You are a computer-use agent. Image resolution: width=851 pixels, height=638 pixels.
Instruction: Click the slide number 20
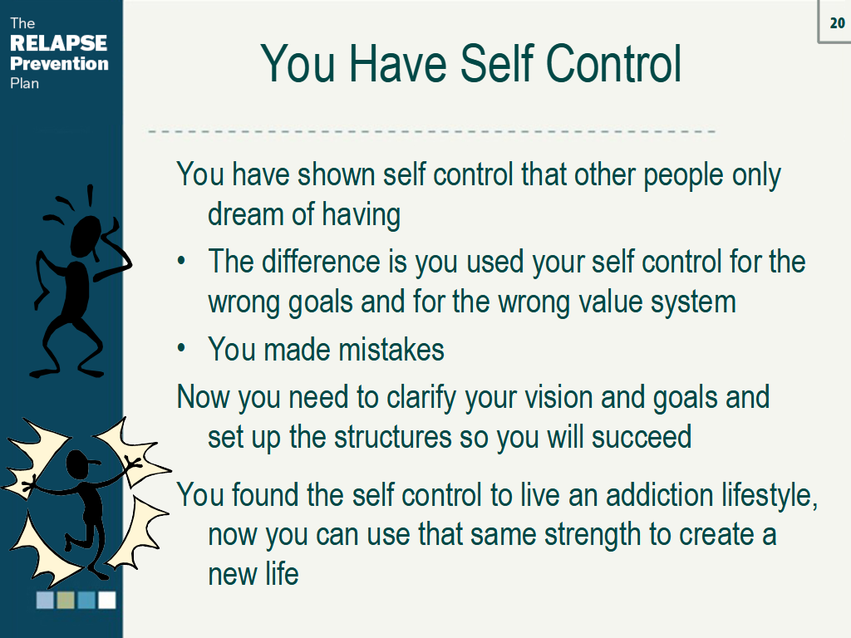pyautogui.click(x=837, y=22)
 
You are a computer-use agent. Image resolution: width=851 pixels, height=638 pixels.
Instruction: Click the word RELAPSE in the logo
pyautogui.click(x=59, y=43)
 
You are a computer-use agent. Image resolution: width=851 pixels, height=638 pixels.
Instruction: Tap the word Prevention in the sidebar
pyautogui.click(x=59, y=63)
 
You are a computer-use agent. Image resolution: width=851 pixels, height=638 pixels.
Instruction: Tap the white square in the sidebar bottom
pyautogui.click(x=107, y=600)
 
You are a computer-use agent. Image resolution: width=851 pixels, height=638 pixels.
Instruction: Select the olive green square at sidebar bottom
pyautogui.click(x=66, y=600)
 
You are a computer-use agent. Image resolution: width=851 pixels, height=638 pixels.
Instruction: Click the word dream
pyautogui.click(x=245, y=215)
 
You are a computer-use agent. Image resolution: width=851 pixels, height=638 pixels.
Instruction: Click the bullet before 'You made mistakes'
pyautogui.click(x=182, y=349)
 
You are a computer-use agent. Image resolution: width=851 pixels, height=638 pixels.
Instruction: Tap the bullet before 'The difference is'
pyautogui.click(x=182, y=261)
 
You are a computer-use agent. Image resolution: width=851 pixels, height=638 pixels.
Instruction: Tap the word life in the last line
pyautogui.click(x=282, y=573)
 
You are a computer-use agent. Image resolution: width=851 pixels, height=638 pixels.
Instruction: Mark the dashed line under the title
pyautogui.click(x=432, y=131)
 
